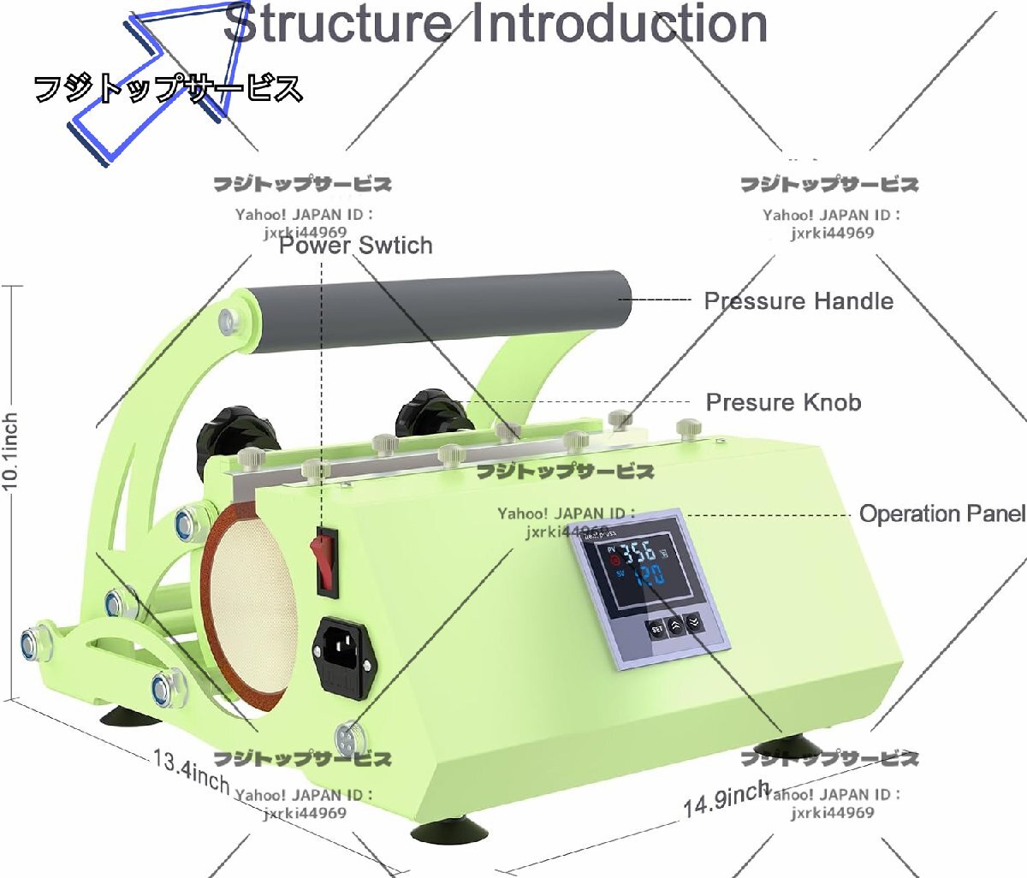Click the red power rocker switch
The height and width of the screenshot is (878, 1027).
326,561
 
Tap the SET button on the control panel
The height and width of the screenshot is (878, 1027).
656,629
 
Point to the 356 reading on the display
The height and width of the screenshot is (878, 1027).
638,552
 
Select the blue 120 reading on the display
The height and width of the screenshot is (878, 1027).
648,575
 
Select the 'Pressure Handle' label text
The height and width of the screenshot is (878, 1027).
798,301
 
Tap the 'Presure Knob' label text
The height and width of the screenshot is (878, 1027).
783,402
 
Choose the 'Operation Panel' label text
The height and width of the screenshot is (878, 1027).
941,513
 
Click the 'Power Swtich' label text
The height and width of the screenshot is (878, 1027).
355,246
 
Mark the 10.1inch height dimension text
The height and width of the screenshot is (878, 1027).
10,451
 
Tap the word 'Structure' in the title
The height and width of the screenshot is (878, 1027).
338,24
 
